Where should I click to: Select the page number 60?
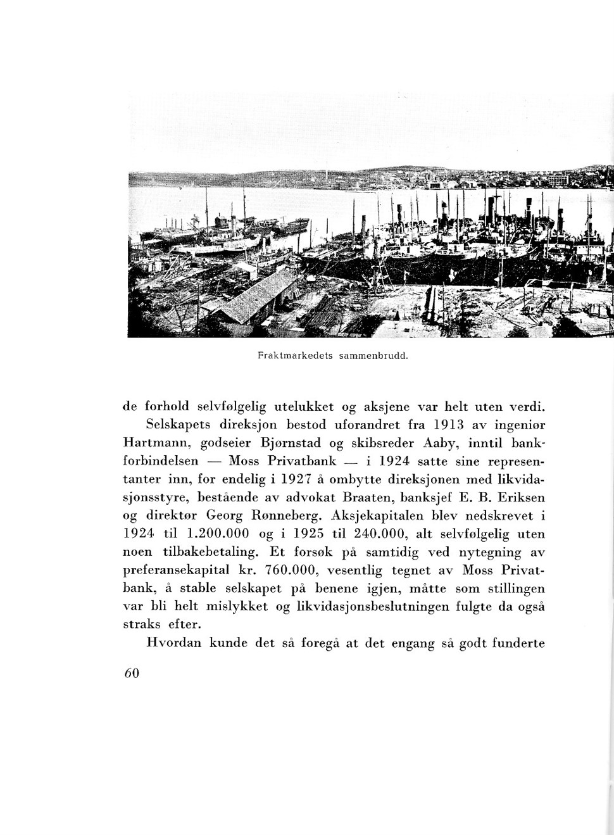pos(132,673)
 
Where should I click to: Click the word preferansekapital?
pos(179,570)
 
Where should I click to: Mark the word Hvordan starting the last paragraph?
pos(175,644)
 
